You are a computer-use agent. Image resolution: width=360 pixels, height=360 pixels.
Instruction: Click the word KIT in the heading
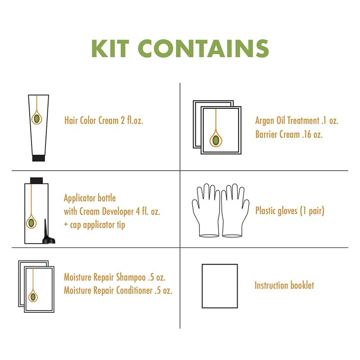tap(110, 49)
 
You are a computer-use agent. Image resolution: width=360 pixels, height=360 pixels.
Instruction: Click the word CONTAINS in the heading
tap(203, 49)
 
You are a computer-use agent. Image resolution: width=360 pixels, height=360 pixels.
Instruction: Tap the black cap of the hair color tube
tap(39, 158)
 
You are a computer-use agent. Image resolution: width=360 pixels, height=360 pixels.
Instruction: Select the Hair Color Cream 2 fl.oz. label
tap(103, 120)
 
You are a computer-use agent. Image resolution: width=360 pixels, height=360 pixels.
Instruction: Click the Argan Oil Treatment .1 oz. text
tap(297, 120)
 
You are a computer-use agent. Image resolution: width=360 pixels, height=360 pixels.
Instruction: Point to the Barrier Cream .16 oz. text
tap(289, 134)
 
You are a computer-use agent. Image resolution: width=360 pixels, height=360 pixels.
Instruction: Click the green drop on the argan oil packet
tap(216, 140)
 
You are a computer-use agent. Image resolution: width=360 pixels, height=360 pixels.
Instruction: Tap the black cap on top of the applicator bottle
tap(36, 180)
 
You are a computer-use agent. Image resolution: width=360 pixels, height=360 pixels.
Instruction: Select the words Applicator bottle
tap(90, 198)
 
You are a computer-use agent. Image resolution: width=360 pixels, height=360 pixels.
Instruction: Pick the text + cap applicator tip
tap(94, 225)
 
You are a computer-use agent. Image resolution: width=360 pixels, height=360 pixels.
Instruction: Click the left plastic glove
tap(206, 210)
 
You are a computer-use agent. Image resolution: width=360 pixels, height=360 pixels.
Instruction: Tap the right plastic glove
tap(235, 210)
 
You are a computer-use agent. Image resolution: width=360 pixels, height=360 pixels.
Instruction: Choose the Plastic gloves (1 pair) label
tap(290, 211)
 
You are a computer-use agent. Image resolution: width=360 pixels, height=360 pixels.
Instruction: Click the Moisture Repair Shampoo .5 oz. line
tap(115, 277)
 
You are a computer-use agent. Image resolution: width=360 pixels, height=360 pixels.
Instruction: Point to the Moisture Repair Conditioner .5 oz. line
tap(118, 290)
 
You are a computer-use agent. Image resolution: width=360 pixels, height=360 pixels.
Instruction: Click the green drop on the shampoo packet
tap(33, 297)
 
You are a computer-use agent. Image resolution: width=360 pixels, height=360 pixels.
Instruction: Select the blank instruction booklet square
tap(220, 286)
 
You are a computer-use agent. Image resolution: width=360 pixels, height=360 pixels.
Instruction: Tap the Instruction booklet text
tap(284, 285)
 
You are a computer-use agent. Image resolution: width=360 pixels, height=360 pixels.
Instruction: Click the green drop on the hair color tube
tap(37, 119)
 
